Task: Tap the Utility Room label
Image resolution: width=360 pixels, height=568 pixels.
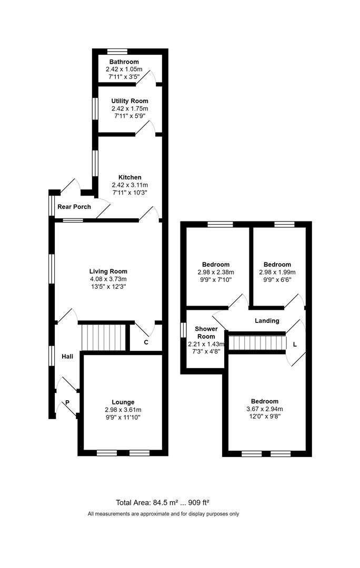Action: [x=129, y=101]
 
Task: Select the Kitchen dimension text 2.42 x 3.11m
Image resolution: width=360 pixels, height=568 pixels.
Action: [x=129, y=185]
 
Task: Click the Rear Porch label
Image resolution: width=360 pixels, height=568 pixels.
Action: [x=74, y=207]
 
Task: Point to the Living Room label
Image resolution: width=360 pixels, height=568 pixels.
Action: [x=108, y=271]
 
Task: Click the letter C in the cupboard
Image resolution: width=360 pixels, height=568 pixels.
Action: [x=146, y=342]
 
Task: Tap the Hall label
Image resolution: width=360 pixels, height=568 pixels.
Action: [x=67, y=357]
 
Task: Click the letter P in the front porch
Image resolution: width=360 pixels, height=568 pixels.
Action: [x=67, y=403]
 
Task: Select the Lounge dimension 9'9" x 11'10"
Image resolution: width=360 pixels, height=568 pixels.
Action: [x=122, y=417]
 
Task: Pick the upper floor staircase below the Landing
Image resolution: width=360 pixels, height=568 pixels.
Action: [x=257, y=342]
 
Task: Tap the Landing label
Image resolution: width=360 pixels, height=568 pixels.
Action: [x=267, y=321]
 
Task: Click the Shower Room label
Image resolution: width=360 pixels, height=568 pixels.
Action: [x=206, y=332]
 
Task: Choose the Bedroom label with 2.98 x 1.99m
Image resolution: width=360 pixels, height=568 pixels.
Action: [x=277, y=265]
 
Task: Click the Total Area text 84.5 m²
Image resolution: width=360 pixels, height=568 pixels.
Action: [x=166, y=502]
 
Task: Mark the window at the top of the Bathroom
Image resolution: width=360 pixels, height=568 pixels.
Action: [x=117, y=52]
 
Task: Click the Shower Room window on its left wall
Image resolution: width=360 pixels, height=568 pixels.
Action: [x=183, y=329]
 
